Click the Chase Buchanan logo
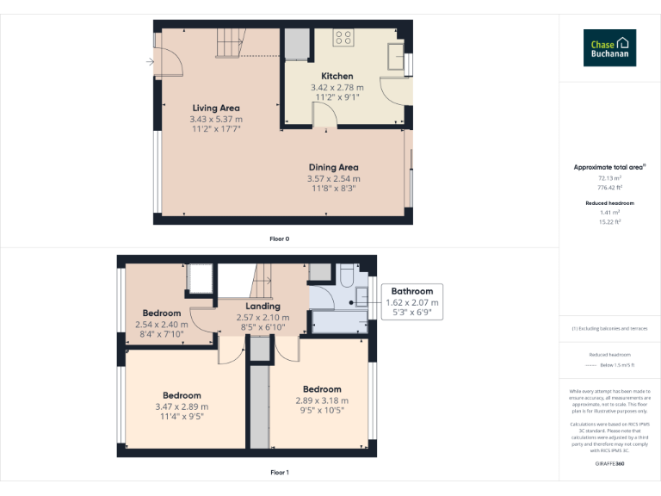click(x=609, y=48)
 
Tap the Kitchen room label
click(x=337, y=77)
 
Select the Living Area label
click(x=216, y=108)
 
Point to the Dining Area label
click(x=333, y=167)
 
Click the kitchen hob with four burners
click(x=343, y=37)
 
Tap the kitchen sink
click(x=398, y=55)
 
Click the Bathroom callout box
click(x=412, y=302)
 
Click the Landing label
click(x=263, y=306)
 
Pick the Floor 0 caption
click(x=280, y=238)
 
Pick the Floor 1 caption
click(x=280, y=472)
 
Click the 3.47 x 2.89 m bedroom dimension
click(x=182, y=407)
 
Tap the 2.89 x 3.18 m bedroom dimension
click(x=321, y=400)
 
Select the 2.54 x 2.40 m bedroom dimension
click(x=162, y=325)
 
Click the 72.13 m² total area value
click(x=609, y=177)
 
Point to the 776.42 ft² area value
click(x=609, y=186)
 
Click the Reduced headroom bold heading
click(x=609, y=203)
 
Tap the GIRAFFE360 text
click(x=609, y=464)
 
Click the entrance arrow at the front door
click(x=150, y=61)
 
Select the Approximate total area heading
click(x=608, y=166)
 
